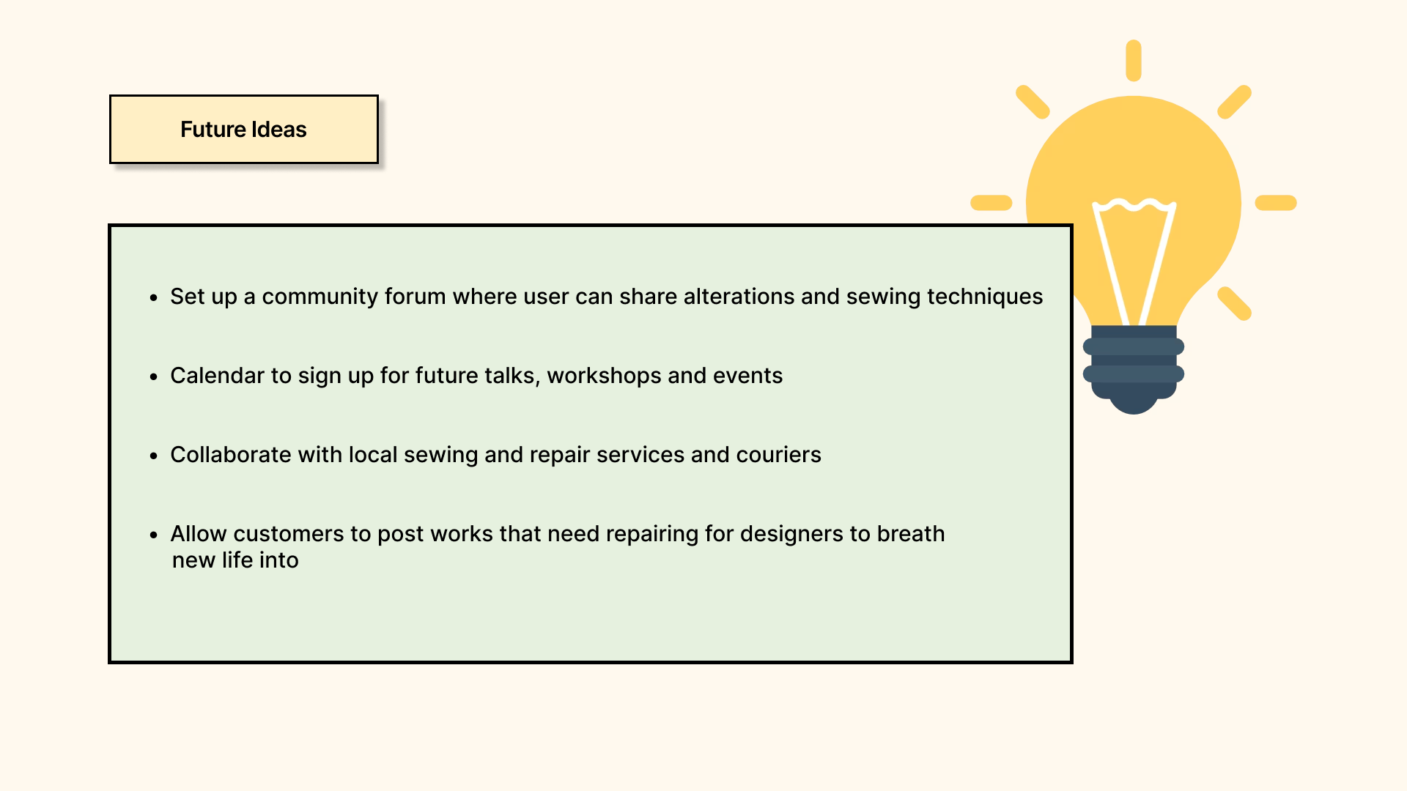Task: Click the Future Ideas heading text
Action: (243, 130)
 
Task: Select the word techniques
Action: (985, 297)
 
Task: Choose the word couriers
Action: (778, 454)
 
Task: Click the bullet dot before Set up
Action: (154, 297)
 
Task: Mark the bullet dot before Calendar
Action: (154, 376)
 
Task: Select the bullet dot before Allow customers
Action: (154, 535)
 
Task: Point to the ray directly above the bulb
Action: (1134, 60)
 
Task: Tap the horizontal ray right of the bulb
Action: (1276, 203)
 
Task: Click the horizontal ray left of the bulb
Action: (991, 203)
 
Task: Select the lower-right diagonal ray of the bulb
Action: (1235, 303)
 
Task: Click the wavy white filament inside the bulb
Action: (1134, 206)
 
